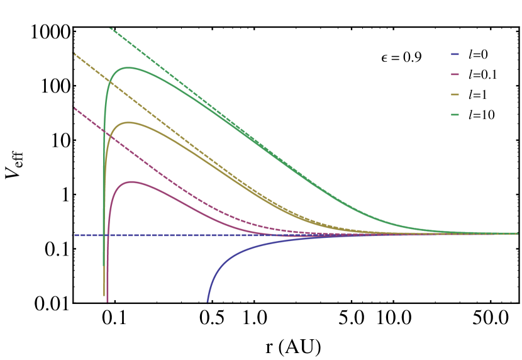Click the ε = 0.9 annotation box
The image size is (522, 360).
401,57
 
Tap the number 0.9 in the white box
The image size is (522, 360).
412,57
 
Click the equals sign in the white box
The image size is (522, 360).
395,58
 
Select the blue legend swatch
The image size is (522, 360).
455,54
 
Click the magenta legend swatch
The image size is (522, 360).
455,74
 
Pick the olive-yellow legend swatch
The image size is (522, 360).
455,94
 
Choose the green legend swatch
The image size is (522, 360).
455,115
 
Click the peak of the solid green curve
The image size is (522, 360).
128,67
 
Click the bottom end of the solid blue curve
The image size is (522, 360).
208,302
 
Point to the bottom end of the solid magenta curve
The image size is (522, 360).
108,302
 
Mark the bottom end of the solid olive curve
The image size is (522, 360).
104,295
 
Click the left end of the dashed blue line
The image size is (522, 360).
73,235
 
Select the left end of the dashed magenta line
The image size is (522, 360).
73,106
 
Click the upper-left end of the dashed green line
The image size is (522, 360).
109,28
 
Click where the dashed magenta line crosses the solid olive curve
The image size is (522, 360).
109,134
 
